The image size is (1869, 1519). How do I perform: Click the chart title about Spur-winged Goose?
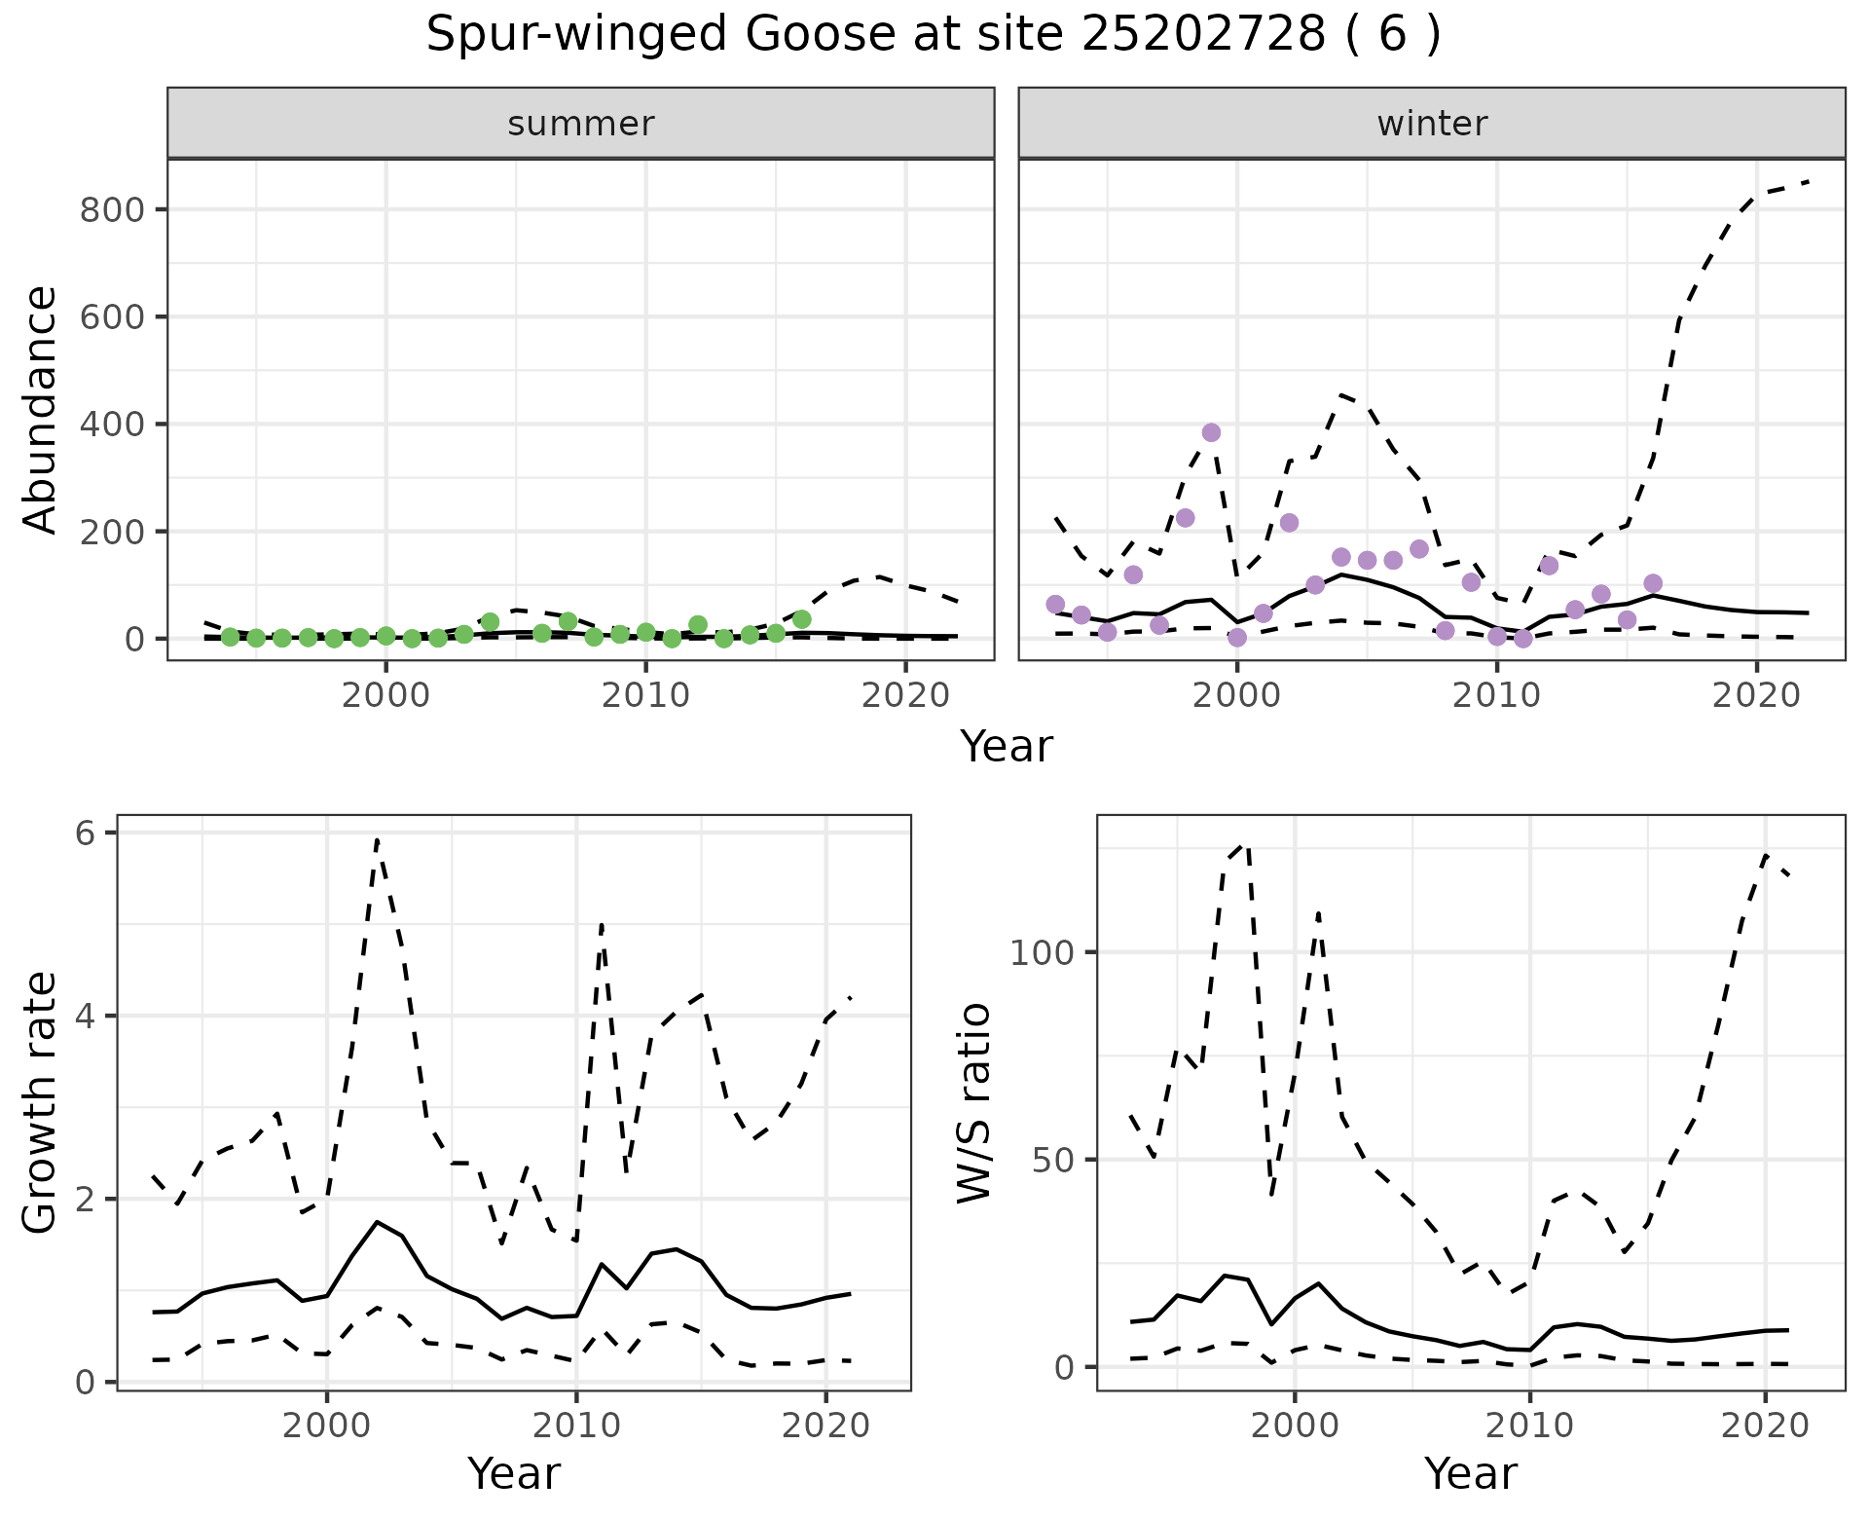tap(934, 35)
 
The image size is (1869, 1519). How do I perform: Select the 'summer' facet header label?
tap(581, 124)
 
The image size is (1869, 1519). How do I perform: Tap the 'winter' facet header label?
tap(1432, 124)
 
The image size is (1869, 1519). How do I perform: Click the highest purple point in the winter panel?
tap(1211, 432)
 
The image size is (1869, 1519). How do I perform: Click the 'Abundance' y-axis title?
tap(41, 409)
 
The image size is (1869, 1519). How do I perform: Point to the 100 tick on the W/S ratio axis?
tap(1041, 952)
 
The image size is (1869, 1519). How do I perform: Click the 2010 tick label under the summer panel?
tap(645, 697)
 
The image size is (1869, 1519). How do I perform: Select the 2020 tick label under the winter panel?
tap(1757, 697)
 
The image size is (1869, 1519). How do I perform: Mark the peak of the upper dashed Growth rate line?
tap(377, 838)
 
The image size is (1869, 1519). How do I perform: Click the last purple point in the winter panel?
tap(1653, 583)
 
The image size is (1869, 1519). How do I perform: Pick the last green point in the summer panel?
tap(801, 619)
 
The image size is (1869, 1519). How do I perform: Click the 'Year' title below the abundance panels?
tap(1007, 747)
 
